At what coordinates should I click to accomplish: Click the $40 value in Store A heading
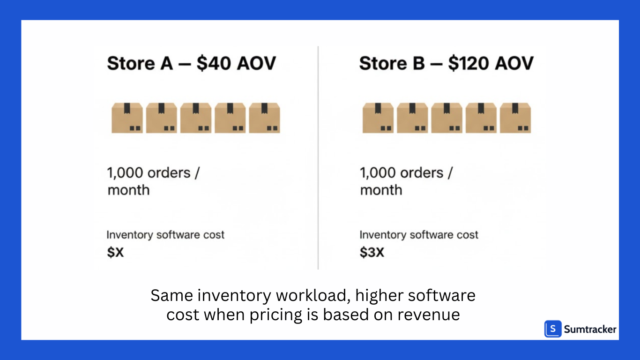point(213,63)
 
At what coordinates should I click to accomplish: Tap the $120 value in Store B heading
point(469,63)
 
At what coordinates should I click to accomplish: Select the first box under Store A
point(127,118)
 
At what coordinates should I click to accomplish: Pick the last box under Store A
point(265,118)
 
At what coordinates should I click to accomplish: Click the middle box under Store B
point(447,118)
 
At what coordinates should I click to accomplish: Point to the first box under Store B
point(378,118)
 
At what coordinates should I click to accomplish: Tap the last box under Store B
point(515,118)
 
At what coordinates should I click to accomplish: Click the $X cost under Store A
point(115,253)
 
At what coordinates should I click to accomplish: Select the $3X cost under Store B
point(372,253)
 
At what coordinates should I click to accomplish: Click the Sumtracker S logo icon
point(553,329)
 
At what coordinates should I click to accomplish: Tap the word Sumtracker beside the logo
point(590,330)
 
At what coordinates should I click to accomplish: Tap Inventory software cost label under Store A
point(165,235)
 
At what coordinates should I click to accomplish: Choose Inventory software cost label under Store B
point(419,235)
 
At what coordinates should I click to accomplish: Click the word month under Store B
point(381,190)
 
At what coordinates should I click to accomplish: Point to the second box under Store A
point(162,118)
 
